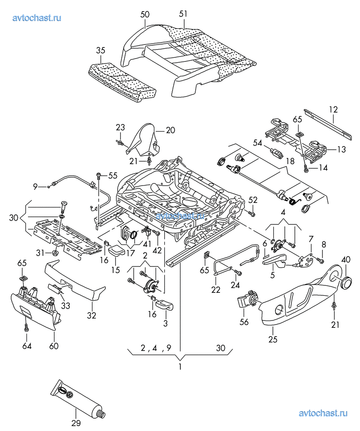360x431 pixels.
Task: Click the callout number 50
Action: point(145,14)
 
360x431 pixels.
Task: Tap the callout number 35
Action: point(100,51)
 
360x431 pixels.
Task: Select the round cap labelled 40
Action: point(346,283)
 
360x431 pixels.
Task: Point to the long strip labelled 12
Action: point(328,125)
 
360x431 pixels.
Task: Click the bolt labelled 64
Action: point(26,327)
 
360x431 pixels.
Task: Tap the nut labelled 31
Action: point(55,252)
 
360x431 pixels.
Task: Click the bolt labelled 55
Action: point(99,175)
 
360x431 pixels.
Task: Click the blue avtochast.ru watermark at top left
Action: point(37,18)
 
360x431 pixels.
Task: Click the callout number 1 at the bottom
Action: point(180,366)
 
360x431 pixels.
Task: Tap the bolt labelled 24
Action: point(237,272)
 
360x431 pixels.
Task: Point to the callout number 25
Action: point(273,339)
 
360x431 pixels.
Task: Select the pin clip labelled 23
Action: point(120,142)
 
